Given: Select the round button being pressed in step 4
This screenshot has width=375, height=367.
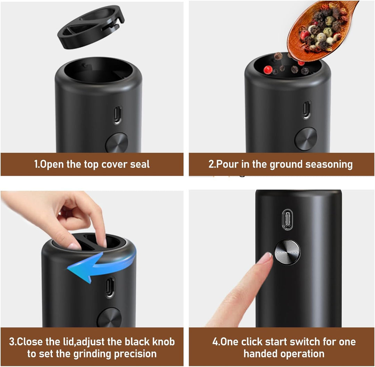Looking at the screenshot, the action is [287, 252].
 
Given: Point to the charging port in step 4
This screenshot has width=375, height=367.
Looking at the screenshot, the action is [287, 219].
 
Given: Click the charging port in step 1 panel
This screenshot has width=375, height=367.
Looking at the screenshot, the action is [117, 115].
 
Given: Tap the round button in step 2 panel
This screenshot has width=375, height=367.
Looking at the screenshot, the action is [306, 139].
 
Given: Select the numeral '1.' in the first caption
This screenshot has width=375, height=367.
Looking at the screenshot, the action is [37, 164].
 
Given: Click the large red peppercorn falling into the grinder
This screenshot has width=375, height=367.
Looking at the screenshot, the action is [268, 70].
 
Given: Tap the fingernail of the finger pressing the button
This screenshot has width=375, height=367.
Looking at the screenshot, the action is [267, 258].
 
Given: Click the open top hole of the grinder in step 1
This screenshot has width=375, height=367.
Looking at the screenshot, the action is [98, 70].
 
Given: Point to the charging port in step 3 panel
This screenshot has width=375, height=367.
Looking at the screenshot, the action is [110, 287].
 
